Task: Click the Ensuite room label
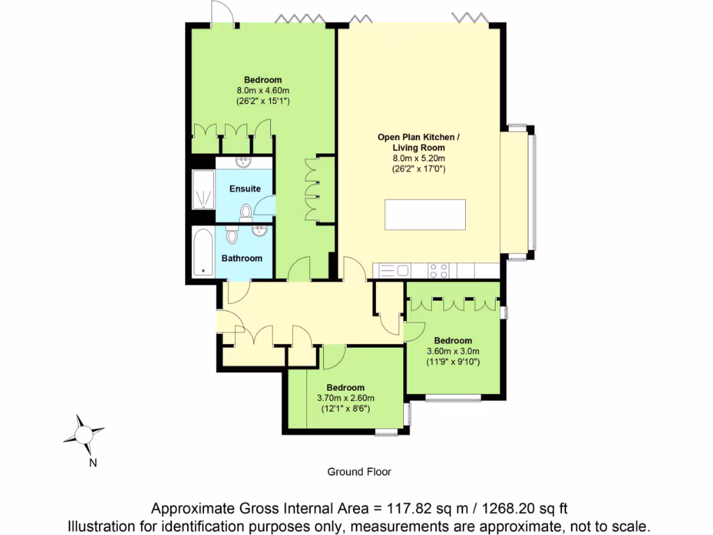[244, 189]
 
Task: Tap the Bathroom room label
[242, 258]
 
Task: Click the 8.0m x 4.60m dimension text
[263, 90]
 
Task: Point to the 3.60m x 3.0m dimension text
[453, 352]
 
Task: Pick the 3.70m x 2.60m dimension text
[345, 398]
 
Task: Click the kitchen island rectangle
[425, 215]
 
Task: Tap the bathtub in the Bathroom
[203, 252]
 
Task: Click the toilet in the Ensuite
[246, 211]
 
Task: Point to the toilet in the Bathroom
[232, 236]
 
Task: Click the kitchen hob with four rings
[438, 270]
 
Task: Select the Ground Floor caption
[359, 472]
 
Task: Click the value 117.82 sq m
[403, 508]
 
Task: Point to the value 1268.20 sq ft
[511, 508]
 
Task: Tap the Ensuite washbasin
[244, 163]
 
